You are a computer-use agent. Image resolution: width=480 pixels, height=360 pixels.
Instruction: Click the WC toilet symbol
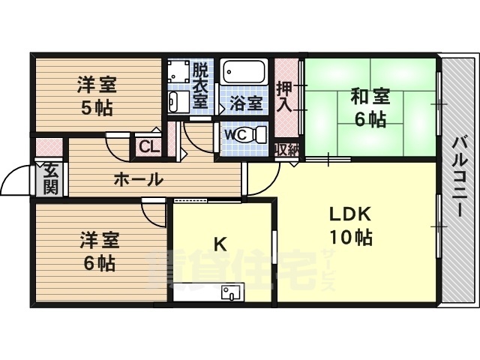(x=256, y=135)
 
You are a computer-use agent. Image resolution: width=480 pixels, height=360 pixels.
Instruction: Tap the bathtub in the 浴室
(x=244, y=72)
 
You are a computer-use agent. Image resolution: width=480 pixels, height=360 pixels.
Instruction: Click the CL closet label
(x=149, y=147)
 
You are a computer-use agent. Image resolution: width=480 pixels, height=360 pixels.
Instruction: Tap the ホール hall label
(x=138, y=179)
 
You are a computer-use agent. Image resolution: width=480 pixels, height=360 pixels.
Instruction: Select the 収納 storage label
(x=287, y=149)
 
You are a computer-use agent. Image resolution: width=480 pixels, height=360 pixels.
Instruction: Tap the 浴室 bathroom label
(x=247, y=103)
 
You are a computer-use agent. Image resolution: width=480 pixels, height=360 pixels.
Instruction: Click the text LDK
(x=350, y=214)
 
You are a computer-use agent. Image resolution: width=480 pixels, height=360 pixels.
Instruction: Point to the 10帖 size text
(x=351, y=237)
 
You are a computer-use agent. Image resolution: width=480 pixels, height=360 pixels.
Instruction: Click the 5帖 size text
(x=97, y=108)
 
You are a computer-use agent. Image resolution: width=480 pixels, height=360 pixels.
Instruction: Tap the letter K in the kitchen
(x=220, y=244)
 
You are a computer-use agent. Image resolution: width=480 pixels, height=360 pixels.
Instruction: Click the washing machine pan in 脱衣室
(x=178, y=71)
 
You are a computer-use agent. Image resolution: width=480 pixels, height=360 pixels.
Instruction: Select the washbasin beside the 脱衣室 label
(x=178, y=102)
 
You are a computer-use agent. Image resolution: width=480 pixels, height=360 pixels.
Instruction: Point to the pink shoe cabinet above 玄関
(x=49, y=148)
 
